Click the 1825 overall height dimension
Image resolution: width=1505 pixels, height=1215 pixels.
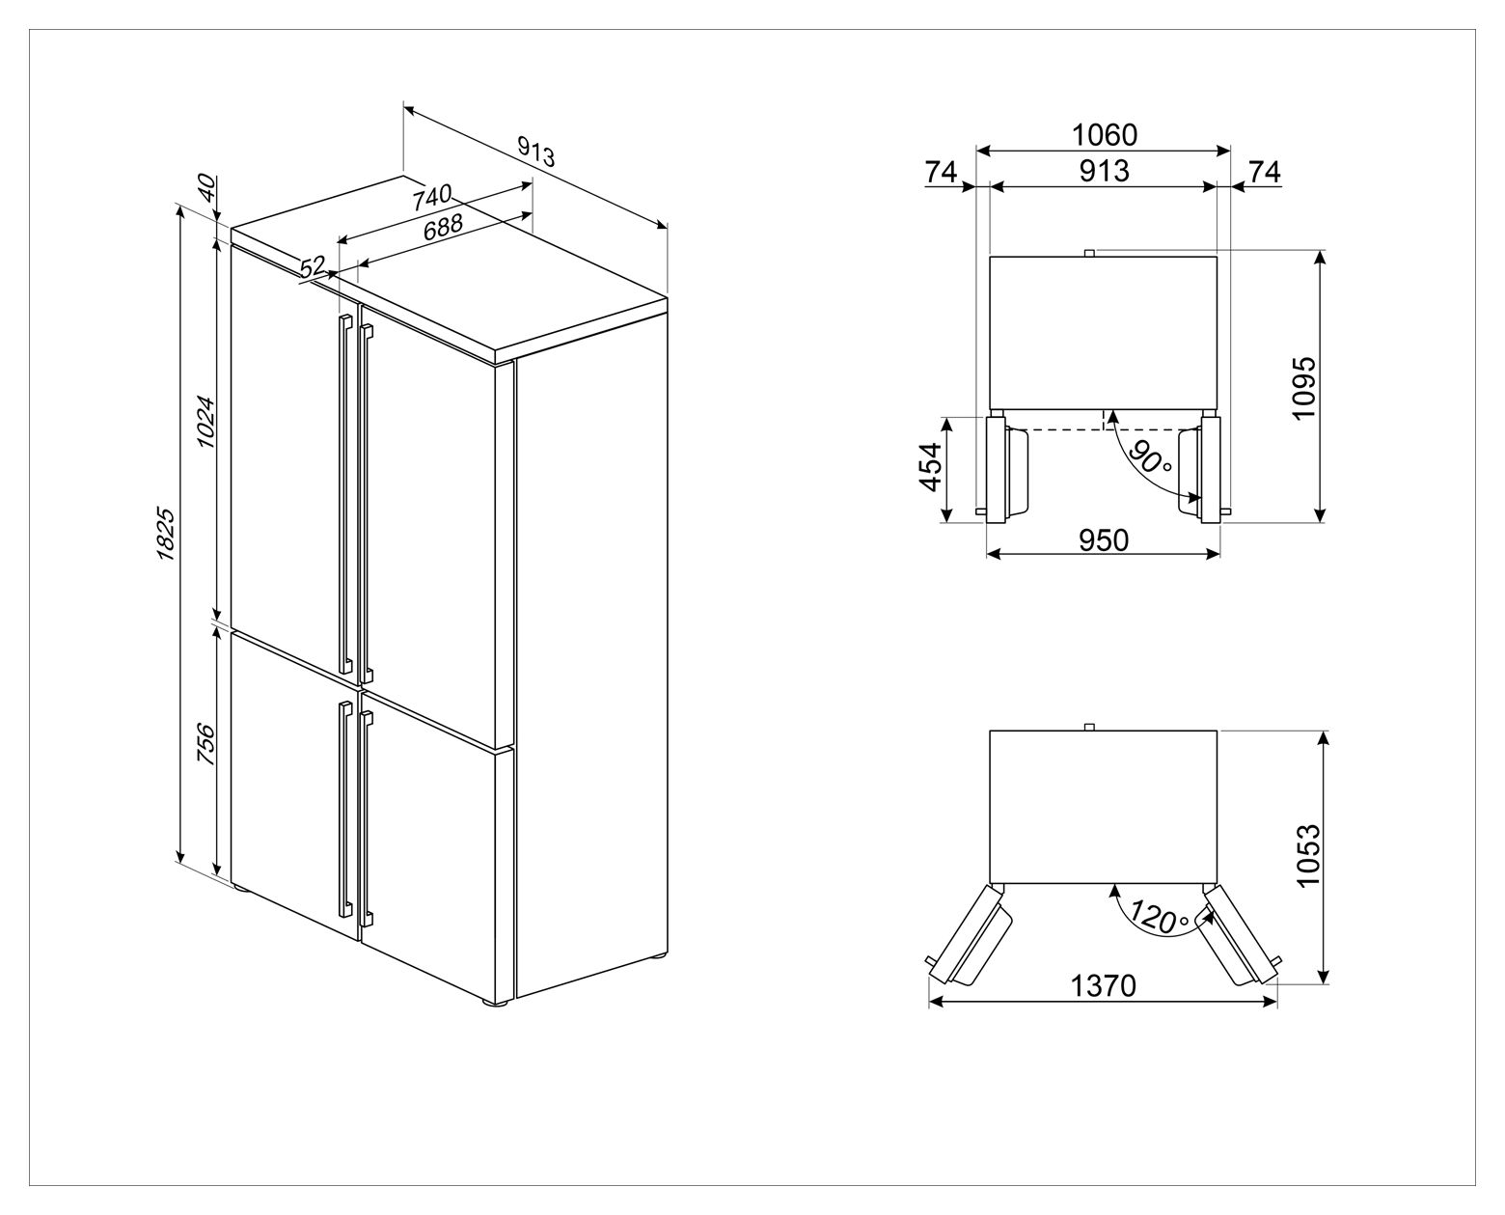tap(165, 534)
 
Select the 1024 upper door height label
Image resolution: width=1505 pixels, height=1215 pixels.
tap(205, 422)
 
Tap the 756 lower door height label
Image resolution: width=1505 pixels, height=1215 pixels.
tap(205, 743)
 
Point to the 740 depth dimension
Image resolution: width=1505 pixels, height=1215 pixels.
tap(431, 197)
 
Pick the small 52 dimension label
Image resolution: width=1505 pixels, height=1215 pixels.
tap(313, 268)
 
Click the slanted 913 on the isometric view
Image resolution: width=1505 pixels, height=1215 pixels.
tap(536, 152)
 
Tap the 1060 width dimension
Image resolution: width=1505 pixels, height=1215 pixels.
tap(1105, 135)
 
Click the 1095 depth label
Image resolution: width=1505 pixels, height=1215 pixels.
tap(1304, 388)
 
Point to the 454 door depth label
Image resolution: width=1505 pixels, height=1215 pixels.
tap(931, 466)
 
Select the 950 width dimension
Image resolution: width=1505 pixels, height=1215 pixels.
tap(1104, 540)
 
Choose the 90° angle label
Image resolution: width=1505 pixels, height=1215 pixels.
tap(1150, 456)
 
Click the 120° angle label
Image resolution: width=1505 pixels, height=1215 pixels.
tap(1160, 916)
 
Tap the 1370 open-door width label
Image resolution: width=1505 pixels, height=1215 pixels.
tap(1103, 985)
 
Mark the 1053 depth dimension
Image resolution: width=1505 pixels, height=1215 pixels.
tap(1308, 854)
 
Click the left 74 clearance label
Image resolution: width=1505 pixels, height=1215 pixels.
tap(942, 172)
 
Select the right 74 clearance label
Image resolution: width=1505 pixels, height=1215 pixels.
tap(1265, 172)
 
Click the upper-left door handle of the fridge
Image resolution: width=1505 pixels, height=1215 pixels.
tap(345, 494)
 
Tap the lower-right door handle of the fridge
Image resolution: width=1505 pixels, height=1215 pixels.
tap(367, 818)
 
